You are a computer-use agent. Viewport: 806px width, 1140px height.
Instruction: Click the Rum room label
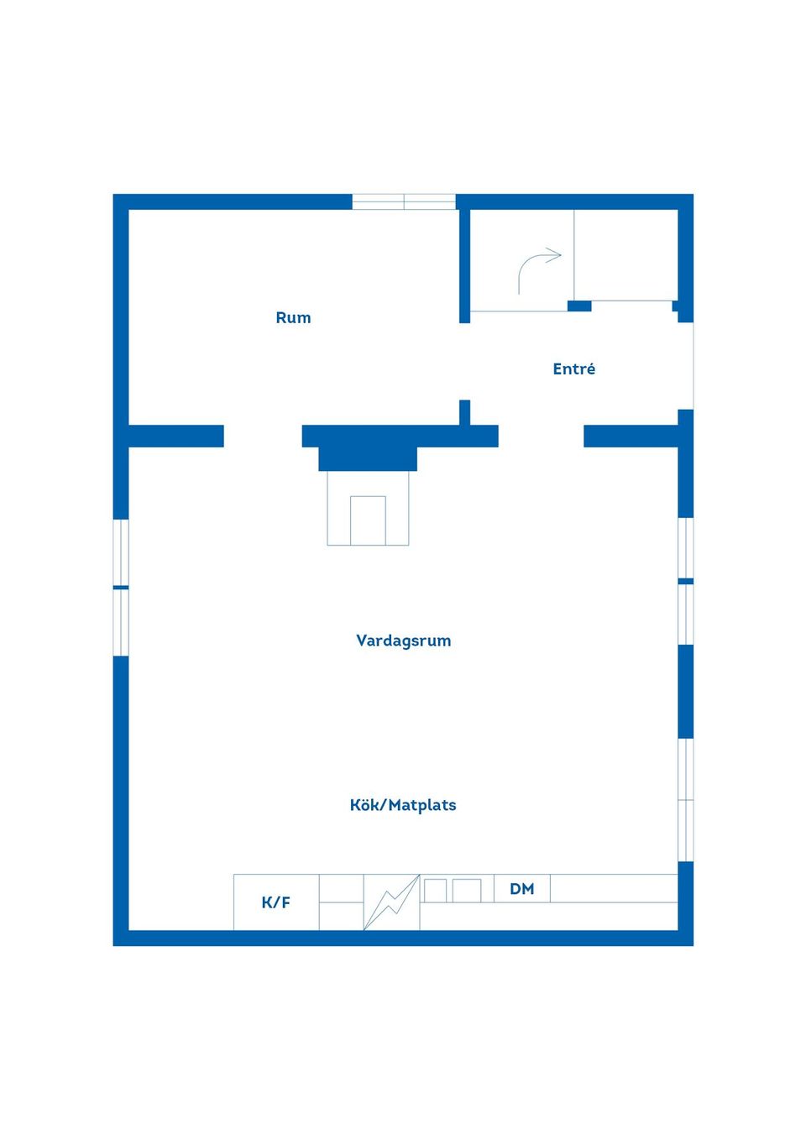point(293,317)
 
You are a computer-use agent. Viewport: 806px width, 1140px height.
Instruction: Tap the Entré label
point(574,369)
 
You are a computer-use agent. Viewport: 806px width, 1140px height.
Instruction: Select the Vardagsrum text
point(404,641)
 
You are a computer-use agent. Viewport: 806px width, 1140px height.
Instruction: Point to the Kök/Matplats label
point(403,805)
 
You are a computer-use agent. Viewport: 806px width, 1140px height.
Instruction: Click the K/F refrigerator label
point(275,902)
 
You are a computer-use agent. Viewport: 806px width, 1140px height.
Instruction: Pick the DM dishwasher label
point(522,889)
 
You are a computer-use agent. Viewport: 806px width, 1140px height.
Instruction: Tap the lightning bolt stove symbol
point(391,902)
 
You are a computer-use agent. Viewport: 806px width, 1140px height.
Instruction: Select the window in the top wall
point(404,201)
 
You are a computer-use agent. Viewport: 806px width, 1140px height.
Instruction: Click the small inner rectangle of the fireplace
point(368,520)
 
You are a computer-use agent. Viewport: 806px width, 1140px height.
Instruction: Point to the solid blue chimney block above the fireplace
point(368,459)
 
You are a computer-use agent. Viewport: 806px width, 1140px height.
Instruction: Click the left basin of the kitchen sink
point(435,891)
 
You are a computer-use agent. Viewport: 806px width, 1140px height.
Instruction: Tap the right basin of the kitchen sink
point(467,891)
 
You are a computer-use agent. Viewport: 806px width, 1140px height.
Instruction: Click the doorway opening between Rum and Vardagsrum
point(263,437)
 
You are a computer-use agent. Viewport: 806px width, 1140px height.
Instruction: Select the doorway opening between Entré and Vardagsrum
point(541,437)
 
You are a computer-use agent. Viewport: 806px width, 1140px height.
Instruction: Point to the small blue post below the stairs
point(579,306)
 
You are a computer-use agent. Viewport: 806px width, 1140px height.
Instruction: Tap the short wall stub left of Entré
point(464,412)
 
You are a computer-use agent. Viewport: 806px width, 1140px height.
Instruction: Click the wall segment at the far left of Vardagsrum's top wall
point(176,437)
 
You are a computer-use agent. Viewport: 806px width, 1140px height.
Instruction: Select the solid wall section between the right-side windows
point(686,691)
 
